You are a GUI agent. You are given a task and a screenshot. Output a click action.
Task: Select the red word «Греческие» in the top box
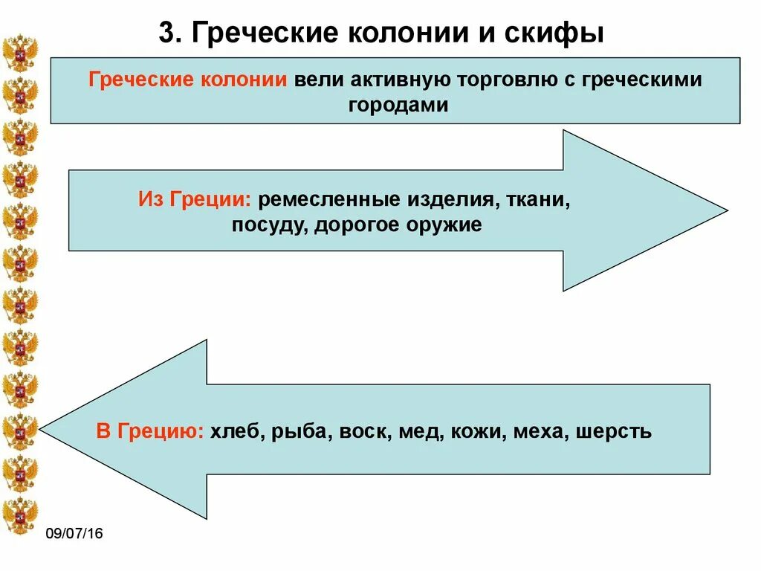(140, 80)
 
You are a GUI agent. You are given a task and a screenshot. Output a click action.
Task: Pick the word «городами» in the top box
(398, 105)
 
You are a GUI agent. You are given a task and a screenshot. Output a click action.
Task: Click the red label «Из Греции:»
(195, 199)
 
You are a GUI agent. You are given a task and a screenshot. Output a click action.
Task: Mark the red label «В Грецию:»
(150, 431)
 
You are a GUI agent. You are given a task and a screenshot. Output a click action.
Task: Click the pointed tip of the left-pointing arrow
(42, 429)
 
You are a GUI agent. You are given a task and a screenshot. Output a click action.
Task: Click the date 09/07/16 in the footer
(74, 534)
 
